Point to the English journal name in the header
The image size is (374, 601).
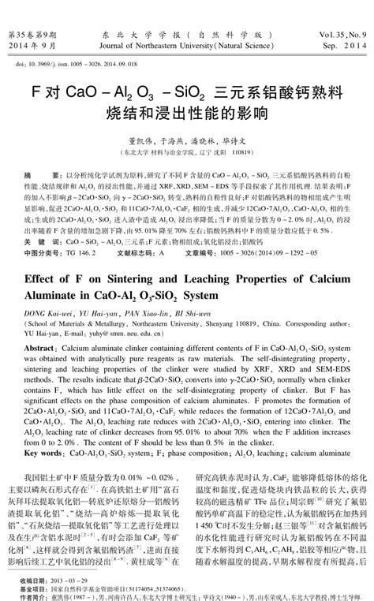coord(186,47)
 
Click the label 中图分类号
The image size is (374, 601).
coord(45,233)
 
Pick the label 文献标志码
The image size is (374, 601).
coord(133,233)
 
